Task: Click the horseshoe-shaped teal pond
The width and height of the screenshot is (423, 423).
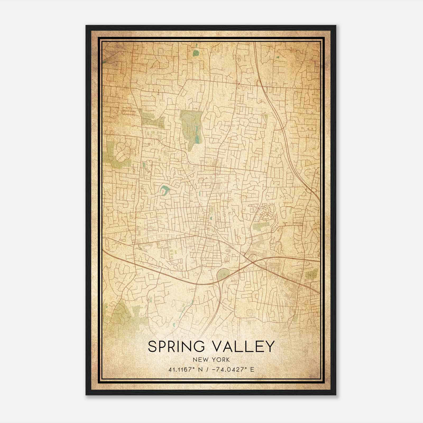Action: (164, 190)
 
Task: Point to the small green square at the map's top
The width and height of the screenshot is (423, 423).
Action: (195, 53)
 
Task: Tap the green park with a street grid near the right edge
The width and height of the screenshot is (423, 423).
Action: (311, 275)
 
